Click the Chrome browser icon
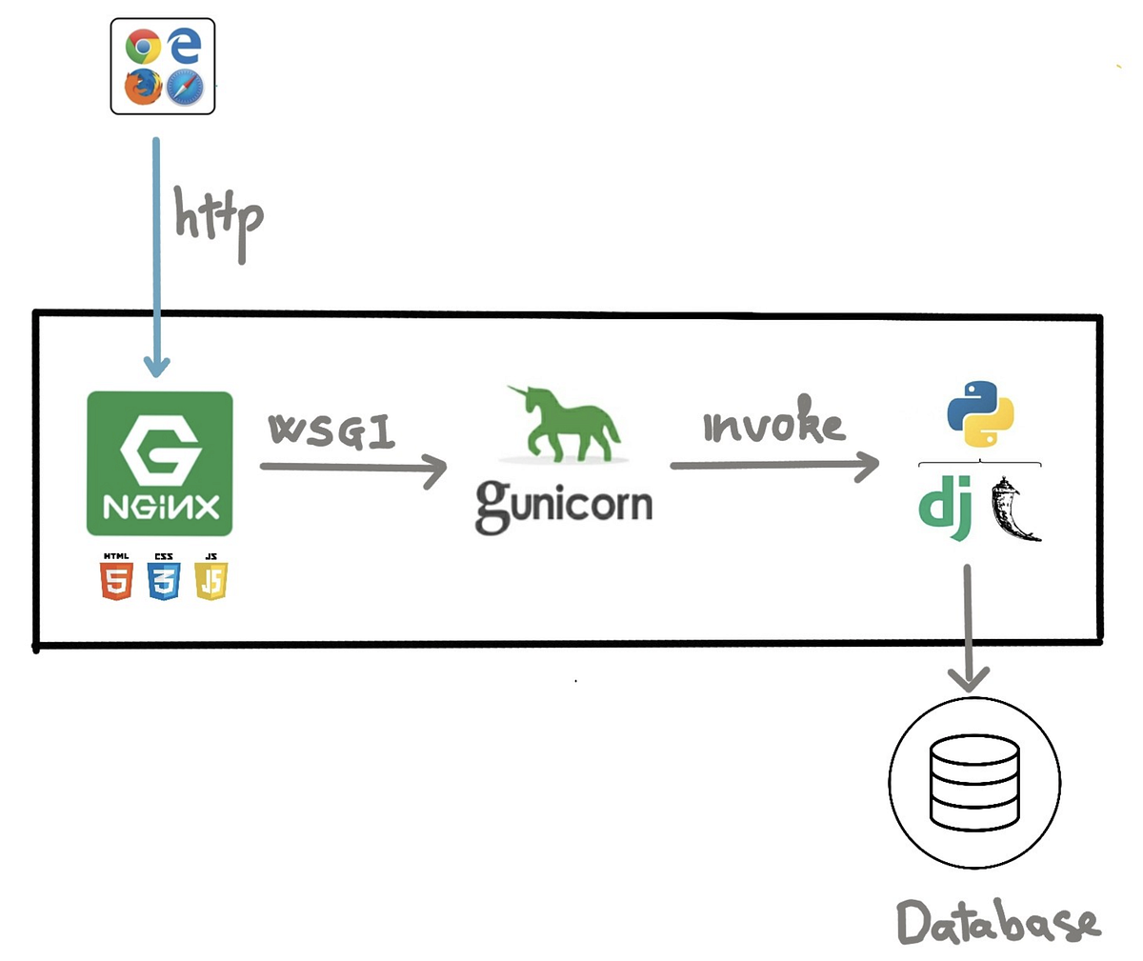pyautogui.click(x=143, y=47)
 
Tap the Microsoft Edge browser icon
pyautogui.click(x=186, y=46)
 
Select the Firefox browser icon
pyautogui.click(x=143, y=88)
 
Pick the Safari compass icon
pyautogui.click(x=185, y=88)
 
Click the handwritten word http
pyautogui.click(x=217, y=221)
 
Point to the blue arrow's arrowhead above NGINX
pyautogui.click(x=156, y=366)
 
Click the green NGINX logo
pyautogui.click(x=160, y=464)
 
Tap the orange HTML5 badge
pyautogui.click(x=116, y=578)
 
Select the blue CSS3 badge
pyautogui.click(x=164, y=578)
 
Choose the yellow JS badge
pyautogui.click(x=211, y=578)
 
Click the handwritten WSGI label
pyautogui.click(x=331, y=430)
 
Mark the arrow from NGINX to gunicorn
pyautogui.click(x=352, y=468)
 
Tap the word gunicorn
pyautogui.click(x=564, y=505)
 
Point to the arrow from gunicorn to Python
pyautogui.click(x=773, y=466)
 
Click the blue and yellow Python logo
pyautogui.click(x=980, y=414)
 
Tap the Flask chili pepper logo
pyautogui.click(x=1013, y=511)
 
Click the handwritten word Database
pyautogui.click(x=998, y=922)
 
